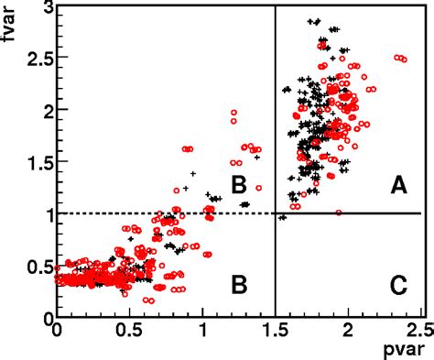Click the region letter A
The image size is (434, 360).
pyautogui.click(x=398, y=186)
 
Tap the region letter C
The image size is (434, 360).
pyautogui.click(x=398, y=285)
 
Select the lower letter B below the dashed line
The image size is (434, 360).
pyautogui.click(x=239, y=285)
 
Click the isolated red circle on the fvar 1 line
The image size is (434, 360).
pyautogui.click(x=339, y=213)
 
